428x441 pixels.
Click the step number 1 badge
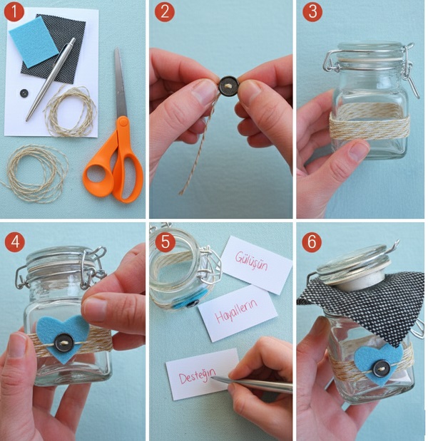[x=14, y=12]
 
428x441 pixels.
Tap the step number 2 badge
[x=165, y=12]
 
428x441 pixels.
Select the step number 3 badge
[x=312, y=12]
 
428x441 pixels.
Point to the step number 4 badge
[x=15, y=242]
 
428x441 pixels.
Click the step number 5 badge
[x=165, y=242]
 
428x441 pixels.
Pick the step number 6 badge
[x=312, y=242]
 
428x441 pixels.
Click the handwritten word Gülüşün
[x=251, y=261]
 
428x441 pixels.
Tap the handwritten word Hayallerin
[x=236, y=311]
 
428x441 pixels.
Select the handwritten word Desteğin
[x=198, y=375]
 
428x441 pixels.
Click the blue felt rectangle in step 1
[x=34, y=41]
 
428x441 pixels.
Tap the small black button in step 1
[x=24, y=93]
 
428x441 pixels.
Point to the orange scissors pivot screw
[x=123, y=122]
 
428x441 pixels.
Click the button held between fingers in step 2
[x=229, y=85]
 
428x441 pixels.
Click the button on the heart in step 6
[x=382, y=368]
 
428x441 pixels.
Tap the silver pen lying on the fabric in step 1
[x=51, y=79]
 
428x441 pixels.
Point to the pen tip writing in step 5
[x=213, y=378]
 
